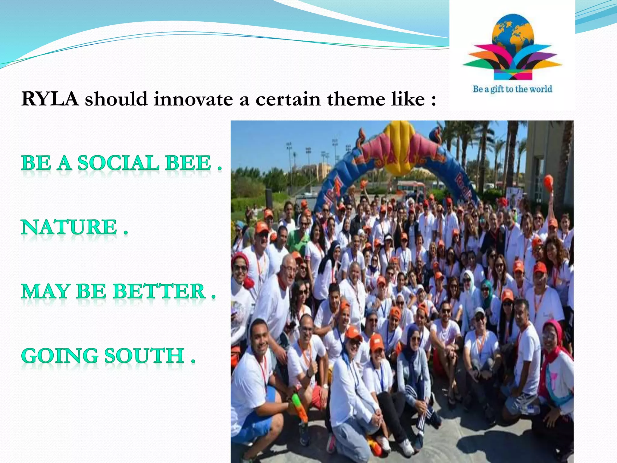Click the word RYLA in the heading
click(x=50, y=99)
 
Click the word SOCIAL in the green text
click(x=118, y=163)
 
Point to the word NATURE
click(x=69, y=227)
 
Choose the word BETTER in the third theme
click(x=159, y=292)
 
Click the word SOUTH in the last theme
click(x=145, y=356)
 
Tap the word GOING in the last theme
click(x=60, y=356)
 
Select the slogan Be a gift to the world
click(x=512, y=89)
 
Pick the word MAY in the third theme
click(x=46, y=292)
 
